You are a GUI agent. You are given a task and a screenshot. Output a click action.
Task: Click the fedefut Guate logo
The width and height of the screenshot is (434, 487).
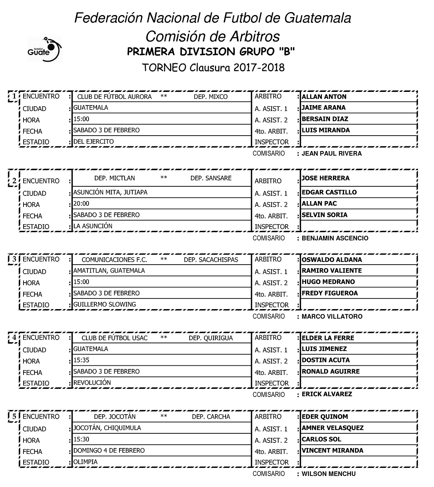pyautogui.click(x=44, y=49)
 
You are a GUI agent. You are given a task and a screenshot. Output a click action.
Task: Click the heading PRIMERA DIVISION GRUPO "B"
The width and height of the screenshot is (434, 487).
pyautogui.click(x=211, y=52)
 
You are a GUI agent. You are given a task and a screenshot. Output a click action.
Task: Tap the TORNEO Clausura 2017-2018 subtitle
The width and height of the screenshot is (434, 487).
pyautogui.click(x=213, y=68)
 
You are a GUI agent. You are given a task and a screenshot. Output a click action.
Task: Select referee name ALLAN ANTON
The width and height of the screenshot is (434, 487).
pyautogui.click(x=324, y=97)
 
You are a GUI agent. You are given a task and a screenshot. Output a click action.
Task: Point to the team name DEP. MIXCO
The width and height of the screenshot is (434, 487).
pyautogui.click(x=211, y=97)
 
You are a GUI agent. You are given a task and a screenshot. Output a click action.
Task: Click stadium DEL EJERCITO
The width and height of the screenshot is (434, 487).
pyautogui.click(x=93, y=142)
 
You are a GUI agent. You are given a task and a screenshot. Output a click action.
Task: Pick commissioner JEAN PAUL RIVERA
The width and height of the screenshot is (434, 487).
pyautogui.click(x=331, y=153)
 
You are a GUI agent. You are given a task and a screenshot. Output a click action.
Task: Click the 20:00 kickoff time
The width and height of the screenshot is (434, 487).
pyautogui.click(x=81, y=204)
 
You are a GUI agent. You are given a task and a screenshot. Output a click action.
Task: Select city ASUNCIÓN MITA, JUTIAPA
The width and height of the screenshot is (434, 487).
pyautogui.click(x=110, y=192)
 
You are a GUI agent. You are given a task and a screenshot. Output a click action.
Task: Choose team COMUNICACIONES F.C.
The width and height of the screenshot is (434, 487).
pyautogui.click(x=114, y=260)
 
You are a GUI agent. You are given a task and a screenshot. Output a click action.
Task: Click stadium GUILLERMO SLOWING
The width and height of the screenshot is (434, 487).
pyautogui.click(x=105, y=304)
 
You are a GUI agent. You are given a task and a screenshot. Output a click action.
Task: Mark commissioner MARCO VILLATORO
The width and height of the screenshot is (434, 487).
pyautogui.click(x=332, y=316)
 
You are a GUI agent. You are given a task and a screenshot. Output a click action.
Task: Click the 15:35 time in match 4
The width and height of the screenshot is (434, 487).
pyautogui.click(x=81, y=360)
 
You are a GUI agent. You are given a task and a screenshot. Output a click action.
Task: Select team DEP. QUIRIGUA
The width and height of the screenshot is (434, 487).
pyautogui.click(x=211, y=338)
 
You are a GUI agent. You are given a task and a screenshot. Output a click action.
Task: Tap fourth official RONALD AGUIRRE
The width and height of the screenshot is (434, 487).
pyautogui.click(x=330, y=371)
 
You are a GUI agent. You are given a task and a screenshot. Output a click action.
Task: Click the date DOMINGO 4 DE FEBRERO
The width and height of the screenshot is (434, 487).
pyautogui.click(x=109, y=450)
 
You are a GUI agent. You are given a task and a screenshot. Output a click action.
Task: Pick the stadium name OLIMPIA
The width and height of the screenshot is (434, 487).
pyautogui.click(x=85, y=462)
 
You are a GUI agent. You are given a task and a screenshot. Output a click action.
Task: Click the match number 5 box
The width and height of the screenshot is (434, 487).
pyautogui.click(x=14, y=416)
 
